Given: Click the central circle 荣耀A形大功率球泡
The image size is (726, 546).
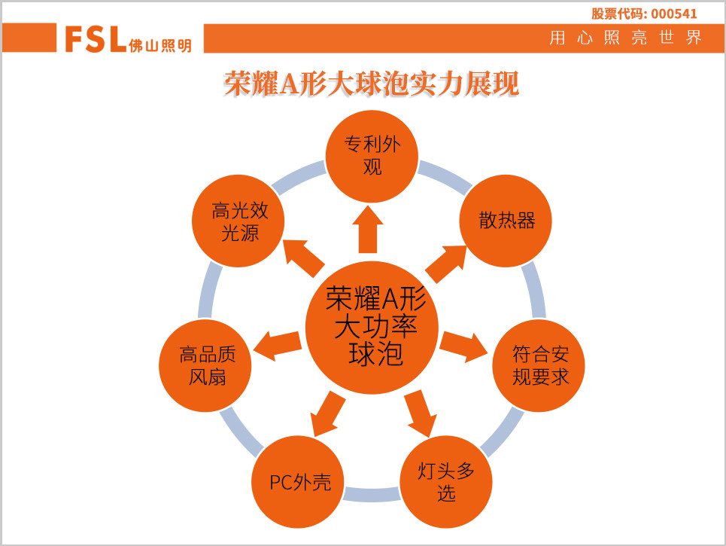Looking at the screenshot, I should coord(372,327).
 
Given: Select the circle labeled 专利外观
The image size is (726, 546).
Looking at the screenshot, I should coord(372,155).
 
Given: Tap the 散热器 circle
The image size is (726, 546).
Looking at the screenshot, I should coord(506,221).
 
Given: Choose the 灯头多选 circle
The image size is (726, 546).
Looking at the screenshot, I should coord(447,482).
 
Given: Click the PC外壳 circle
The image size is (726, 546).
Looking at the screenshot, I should coord(299,482).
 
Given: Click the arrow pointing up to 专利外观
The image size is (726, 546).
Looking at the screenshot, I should coord(368,230).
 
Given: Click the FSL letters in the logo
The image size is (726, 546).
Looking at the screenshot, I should coord(95,39).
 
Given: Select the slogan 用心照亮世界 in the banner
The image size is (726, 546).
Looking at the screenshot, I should coord(625,38).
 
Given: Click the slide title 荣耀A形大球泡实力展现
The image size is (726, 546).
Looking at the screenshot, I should coord(371,84).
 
